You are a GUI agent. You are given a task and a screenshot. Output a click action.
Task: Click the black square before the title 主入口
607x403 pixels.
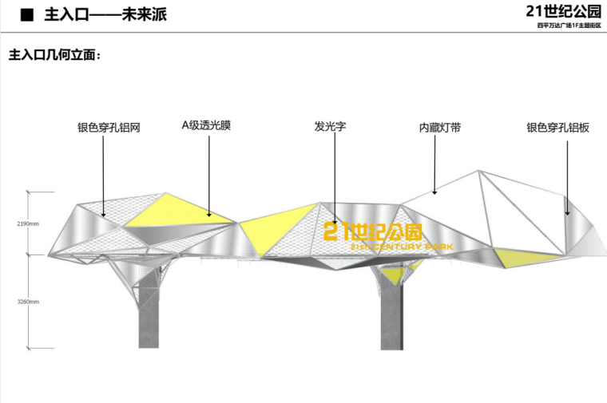26,15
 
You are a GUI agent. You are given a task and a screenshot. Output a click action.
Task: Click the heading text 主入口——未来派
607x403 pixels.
106,15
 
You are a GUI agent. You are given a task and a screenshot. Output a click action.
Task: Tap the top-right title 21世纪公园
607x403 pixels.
561,11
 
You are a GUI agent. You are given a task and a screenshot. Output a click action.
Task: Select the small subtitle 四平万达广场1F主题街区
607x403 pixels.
567,26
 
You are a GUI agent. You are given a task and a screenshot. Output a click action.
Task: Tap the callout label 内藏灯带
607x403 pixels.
439,127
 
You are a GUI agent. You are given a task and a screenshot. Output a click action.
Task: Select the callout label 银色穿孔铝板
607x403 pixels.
557,127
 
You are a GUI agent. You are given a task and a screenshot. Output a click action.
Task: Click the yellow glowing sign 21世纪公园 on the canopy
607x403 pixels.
373,232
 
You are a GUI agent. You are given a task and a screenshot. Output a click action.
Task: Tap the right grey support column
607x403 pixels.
391,315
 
